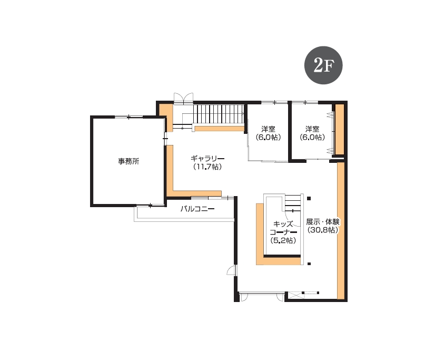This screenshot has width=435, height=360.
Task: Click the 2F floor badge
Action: (x=323, y=65)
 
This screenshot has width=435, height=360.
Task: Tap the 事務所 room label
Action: (x=128, y=161)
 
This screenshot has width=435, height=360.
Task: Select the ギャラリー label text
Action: (x=207, y=159)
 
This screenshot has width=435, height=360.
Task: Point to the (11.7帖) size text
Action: (x=207, y=167)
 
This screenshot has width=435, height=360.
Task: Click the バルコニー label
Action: (x=197, y=209)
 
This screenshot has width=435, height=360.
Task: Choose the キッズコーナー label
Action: (x=283, y=228)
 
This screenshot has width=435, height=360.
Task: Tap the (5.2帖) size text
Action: (x=283, y=240)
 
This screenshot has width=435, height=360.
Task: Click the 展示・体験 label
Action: (x=323, y=222)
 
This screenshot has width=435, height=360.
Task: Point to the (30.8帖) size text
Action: (x=323, y=230)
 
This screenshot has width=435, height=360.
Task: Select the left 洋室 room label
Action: (x=268, y=129)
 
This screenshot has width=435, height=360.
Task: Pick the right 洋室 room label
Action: (x=312, y=129)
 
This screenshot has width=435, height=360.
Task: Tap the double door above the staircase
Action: (x=183, y=98)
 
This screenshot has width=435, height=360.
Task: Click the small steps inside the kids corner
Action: (x=293, y=203)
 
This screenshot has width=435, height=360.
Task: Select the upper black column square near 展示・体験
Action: (x=309, y=199)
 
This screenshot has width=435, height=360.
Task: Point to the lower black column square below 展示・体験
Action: (x=309, y=264)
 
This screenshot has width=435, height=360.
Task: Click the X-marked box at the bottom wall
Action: (x=296, y=295)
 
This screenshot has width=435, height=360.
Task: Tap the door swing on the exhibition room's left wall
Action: (x=231, y=270)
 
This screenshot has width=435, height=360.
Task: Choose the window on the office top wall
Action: (x=128, y=117)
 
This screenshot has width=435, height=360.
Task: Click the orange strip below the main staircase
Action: (x=220, y=129)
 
